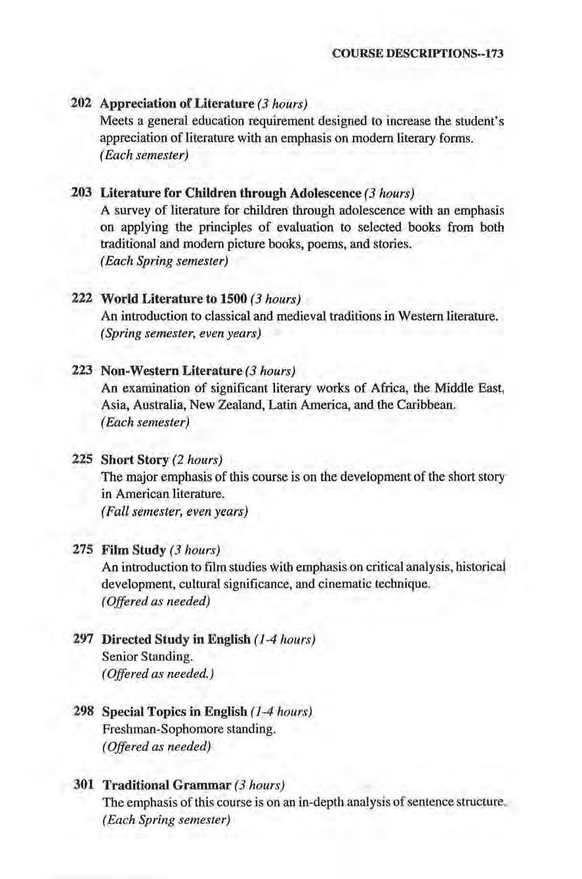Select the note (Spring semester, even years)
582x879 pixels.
tap(182, 335)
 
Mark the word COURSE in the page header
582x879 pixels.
tap(355, 54)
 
